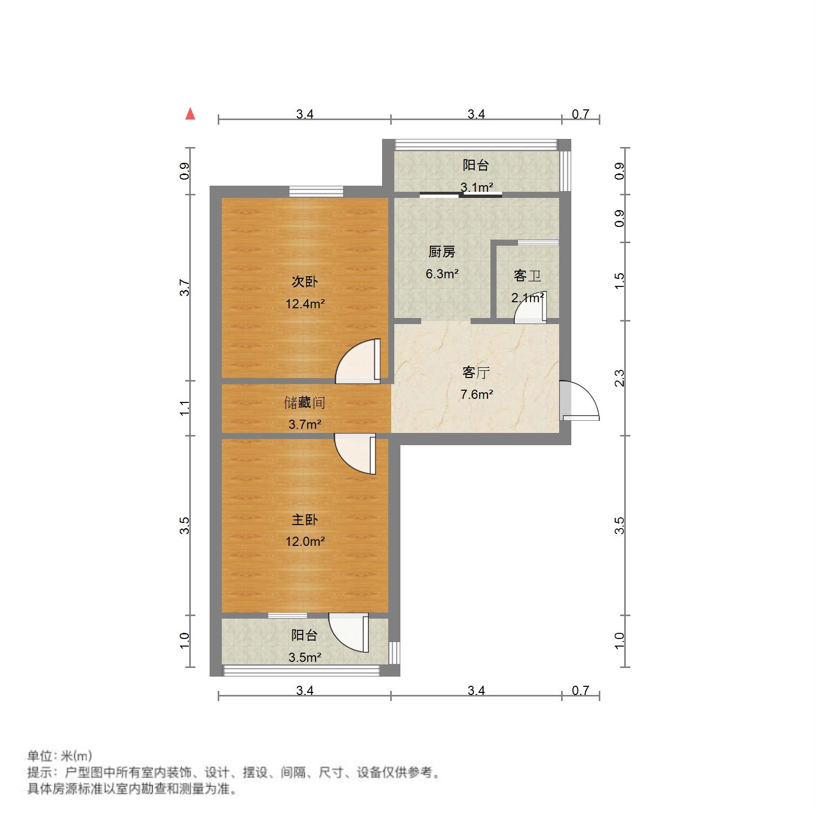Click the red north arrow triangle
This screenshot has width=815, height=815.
tap(190, 114)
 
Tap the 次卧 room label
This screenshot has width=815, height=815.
tap(304, 281)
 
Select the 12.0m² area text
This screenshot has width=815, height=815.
tap(305, 541)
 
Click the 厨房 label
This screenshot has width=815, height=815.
tap(442, 252)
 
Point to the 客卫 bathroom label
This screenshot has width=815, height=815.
tap(527, 276)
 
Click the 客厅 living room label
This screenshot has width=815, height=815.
tap(476, 372)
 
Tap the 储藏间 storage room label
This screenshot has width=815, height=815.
tap(304, 403)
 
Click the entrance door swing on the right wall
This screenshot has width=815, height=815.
tap(580, 401)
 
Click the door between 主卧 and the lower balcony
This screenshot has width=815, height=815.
tap(350, 632)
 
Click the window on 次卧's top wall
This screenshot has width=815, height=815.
tap(316, 191)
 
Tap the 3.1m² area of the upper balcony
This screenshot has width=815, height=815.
tap(477, 187)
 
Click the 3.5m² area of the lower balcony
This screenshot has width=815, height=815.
tap(305, 657)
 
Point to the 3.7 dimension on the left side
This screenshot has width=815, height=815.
tap(185, 288)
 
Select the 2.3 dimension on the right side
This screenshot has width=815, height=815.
tap(619, 378)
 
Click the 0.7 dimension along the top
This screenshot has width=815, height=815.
tap(580, 114)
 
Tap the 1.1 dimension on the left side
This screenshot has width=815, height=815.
tap(185, 407)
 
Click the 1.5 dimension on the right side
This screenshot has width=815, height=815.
tap(619, 281)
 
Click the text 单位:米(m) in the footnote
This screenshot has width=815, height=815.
tap(60, 756)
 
